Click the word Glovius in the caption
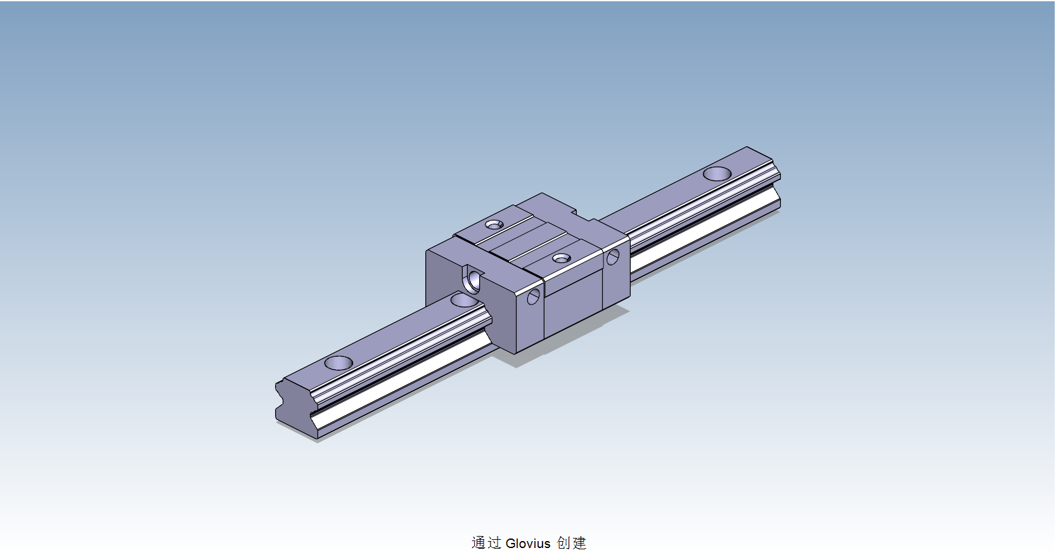coord(528,543)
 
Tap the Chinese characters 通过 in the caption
coord(486,543)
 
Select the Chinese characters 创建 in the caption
coord(572,543)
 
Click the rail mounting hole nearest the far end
coord(717,173)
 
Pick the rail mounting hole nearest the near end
coord(338,363)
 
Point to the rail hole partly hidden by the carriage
coord(465,300)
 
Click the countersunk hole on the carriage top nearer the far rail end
coord(494,224)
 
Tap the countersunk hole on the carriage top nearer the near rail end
coord(561,258)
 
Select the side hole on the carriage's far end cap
coord(612,257)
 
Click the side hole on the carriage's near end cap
coord(534,297)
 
